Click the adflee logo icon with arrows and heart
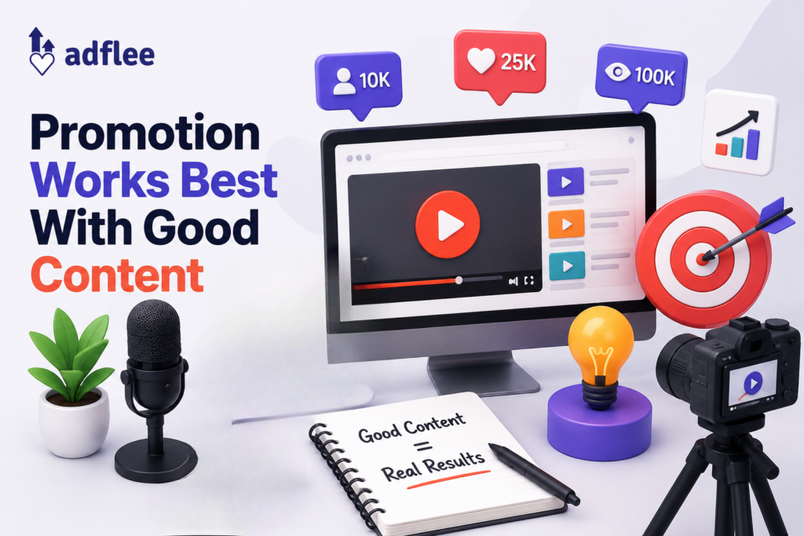click(x=42, y=51)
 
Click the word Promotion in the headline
click(x=145, y=133)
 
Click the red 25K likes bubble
click(x=500, y=64)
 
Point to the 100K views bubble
click(x=641, y=76)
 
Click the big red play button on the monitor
click(x=448, y=224)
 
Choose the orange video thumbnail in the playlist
click(x=566, y=224)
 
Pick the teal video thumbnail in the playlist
click(x=567, y=265)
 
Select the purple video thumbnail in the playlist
click(x=565, y=182)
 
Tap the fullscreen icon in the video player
click(x=529, y=280)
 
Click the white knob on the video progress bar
click(x=459, y=280)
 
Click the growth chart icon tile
click(x=739, y=132)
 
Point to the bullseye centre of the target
click(x=702, y=257)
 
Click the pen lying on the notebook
click(x=534, y=475)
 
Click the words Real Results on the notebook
click(x=433, y=466)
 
